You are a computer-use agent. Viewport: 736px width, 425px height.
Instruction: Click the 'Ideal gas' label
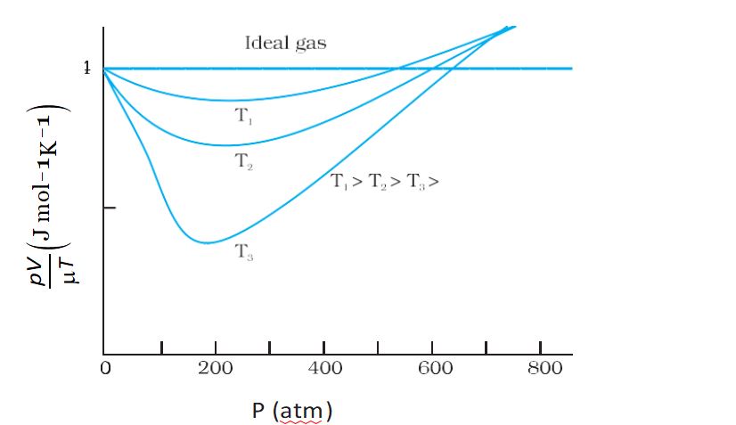pyautogui.click(x=285, y=43)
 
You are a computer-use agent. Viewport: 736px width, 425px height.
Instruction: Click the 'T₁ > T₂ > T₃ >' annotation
pyautogui.click(x=386, y=182)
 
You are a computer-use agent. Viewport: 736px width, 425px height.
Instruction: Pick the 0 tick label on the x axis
pyautogui.click(x=105, y=369)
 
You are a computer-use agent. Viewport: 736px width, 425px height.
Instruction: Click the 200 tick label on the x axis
pyautogui.click(x=214, y=369)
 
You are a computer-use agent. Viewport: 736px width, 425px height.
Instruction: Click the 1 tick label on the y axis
pyautogui.click(x=86, y=68)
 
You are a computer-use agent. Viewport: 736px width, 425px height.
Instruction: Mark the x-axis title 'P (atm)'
pyautogui.click(x=290, y=411)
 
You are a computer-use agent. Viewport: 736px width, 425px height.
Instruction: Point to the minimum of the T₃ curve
pyautogui.click(x=207, y=242)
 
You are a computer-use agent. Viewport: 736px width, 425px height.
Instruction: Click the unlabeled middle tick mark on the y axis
pyautogui.click(x=110, y=208)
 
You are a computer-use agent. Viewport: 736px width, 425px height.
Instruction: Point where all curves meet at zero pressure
pyautogui.click(x=104, y=68)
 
